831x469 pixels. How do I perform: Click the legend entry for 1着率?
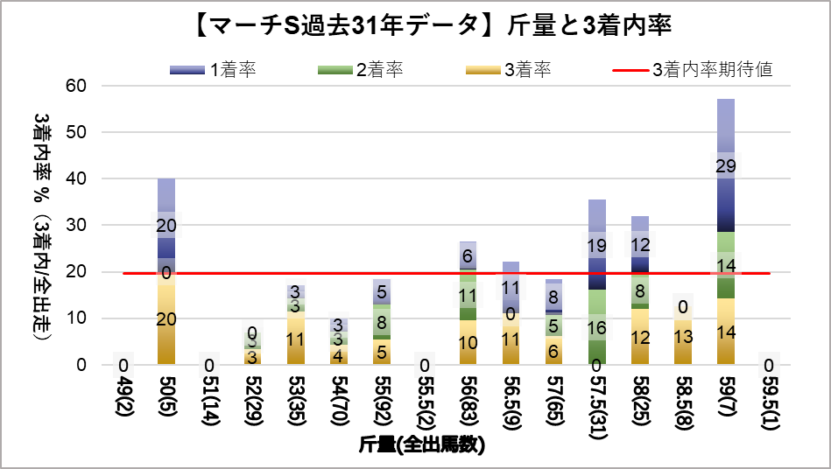214,71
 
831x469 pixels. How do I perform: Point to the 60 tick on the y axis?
76,86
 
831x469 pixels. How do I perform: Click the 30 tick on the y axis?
76,225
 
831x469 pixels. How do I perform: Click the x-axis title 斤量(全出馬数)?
422,444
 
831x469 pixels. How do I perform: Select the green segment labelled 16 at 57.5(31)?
597,327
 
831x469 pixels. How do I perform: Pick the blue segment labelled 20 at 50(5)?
166,226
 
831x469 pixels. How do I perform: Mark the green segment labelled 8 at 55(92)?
381,321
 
